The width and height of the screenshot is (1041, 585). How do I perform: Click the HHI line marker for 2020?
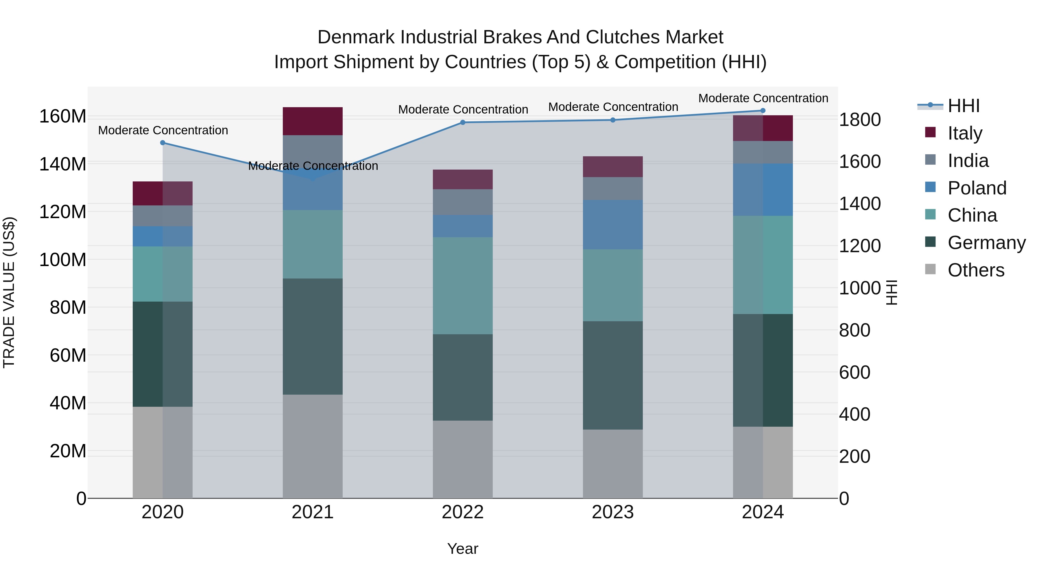[x=163, y=142]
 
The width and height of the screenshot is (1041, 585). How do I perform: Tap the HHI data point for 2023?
[x=613, y=120]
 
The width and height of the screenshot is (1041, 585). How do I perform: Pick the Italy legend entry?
[x=965, y=133]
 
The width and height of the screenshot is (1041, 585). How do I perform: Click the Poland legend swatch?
[x=930, y=187]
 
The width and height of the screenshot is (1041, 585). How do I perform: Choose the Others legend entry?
[x=976, y=270]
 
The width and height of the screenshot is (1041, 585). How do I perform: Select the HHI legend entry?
[x=964, y=106]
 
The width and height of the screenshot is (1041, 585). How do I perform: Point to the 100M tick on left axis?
[x=63, y=260]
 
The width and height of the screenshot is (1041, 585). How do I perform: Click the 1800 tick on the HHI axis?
[x=860, y=120]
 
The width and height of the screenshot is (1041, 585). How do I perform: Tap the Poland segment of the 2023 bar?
[x=613, y=224]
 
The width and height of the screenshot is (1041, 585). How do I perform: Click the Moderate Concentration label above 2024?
[x=763, y=98]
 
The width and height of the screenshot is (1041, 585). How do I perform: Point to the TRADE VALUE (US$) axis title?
[x=9, y=292]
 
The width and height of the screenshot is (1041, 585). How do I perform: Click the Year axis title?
[x=463, y=549]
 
